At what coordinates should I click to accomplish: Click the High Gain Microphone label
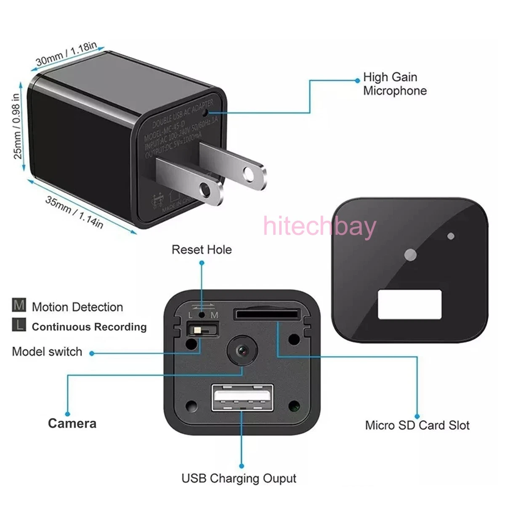click(394, 84)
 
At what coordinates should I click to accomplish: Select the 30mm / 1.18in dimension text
click(66, 53)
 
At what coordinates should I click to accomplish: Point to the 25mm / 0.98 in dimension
click(16, 126)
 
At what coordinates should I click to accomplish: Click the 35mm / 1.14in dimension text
click(74, 212)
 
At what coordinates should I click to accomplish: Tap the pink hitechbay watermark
click(319, 227)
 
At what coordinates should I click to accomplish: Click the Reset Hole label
click(202, 250)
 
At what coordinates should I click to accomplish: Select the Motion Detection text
click(77, 307)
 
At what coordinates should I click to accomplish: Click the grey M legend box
click(19, 305)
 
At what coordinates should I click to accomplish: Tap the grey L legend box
click(19, 325)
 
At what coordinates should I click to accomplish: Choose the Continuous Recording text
click(89, 327)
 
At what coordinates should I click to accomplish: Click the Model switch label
click(47, 352)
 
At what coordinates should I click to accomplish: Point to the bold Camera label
click(72, 423)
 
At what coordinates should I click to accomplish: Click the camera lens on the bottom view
click(242, 349)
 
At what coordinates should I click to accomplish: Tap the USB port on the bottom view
click(242, 398)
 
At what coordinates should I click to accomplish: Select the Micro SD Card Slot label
click(417, 425)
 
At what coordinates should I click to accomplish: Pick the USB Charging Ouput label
click(239, 478)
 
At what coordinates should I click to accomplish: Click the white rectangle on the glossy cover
click(409, 304)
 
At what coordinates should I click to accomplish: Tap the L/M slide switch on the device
click(202, 329)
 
